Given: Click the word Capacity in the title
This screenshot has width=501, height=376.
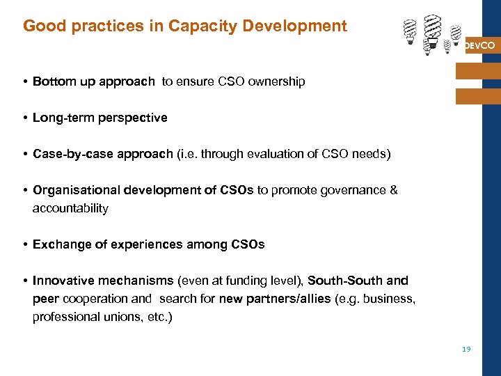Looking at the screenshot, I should point(193,26).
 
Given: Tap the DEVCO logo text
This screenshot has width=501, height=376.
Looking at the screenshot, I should point(479,45).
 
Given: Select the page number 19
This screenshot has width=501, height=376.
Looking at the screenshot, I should point(466,349).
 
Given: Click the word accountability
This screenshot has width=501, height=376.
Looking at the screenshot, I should point(70,208).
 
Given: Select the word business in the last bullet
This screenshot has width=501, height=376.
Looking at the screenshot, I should point(390,299).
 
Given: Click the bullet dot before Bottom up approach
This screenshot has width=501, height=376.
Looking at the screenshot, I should point(24,82).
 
